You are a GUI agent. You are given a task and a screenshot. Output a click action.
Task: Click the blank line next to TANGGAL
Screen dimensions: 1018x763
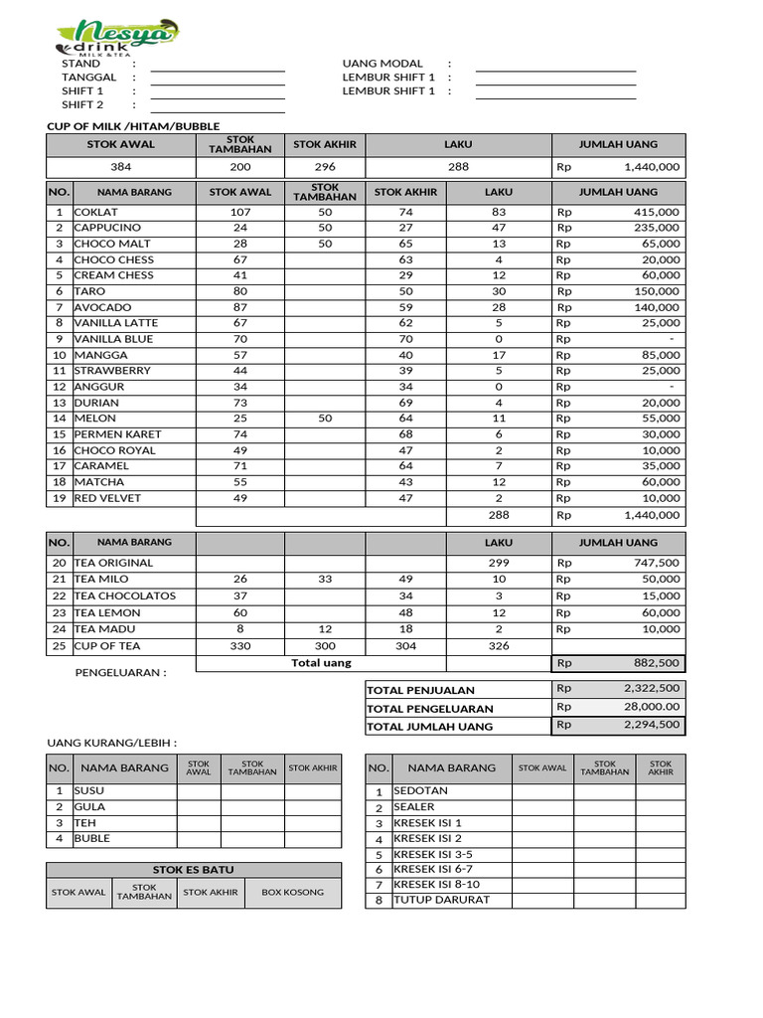pyautogui.click(x=218, y=77)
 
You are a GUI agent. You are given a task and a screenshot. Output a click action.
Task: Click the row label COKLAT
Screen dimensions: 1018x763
pyautogui.click(x=96, y=212)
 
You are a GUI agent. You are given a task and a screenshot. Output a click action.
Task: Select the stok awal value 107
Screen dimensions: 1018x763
pyautogui.click(x=240, y=212)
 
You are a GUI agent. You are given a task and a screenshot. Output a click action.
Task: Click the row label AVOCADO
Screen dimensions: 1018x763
pyautogui.click(x=102, y=307)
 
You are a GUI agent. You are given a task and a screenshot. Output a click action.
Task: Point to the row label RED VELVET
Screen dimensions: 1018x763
pyautogui.click(x=107, y=498)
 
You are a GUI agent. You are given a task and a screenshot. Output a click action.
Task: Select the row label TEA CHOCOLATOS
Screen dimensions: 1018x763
pyautogui.click(x=124, y=595)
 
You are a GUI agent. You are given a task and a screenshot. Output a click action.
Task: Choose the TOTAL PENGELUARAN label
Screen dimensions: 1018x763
pyautogui.click(x=429, y=708)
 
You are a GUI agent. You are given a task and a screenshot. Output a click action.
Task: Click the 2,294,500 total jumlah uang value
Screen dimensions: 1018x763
pyautogui.click(x=652, y=725)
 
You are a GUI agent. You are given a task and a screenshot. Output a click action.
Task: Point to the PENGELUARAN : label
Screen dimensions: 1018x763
pyautogui.click(x=121, y=672)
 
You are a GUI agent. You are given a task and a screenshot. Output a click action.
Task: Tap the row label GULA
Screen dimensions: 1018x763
pyautogui.click(x=89, y=807)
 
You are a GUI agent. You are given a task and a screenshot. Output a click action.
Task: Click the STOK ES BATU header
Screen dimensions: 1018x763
pyautogui.click(x=194, y=869)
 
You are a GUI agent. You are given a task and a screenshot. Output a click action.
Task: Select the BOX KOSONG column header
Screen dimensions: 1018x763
pyautogui.click(x=292, y=892)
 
